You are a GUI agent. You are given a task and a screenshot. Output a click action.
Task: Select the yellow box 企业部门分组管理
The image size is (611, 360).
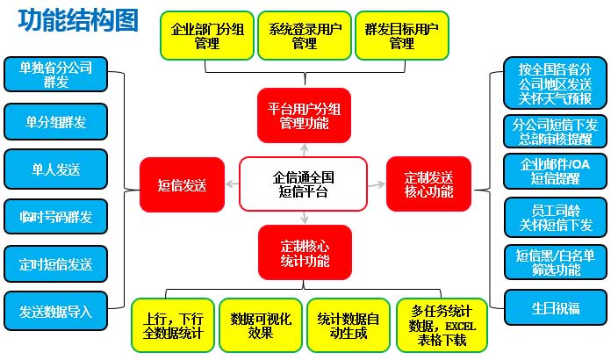click(x=207, y=36)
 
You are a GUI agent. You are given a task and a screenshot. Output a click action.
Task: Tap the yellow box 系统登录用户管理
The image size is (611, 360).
click(x=304, y=36)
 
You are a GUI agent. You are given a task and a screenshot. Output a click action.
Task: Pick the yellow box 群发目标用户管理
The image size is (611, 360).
click(x=401, y=36)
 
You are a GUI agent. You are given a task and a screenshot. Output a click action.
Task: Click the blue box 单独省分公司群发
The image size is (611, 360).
click(x=55, y=75)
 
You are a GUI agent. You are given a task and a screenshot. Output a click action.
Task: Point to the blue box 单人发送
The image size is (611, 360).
click(x=55, y=169)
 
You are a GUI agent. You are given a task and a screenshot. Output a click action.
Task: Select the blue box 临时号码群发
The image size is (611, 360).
click(x=55, y=216)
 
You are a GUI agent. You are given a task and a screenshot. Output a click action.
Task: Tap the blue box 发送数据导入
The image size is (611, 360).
click(x=55, y=310)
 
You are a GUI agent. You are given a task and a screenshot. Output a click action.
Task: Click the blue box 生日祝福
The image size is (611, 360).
click(x=554, y=309)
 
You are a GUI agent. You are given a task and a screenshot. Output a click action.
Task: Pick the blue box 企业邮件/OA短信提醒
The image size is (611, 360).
click(x=554, y=171)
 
